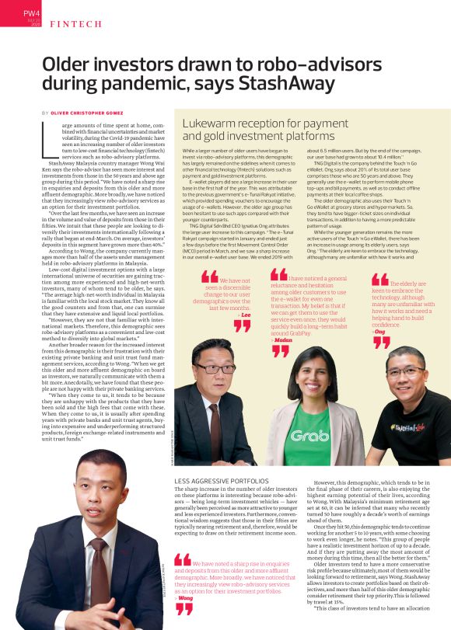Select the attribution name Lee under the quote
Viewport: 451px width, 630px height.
click(x=246, y=315)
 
